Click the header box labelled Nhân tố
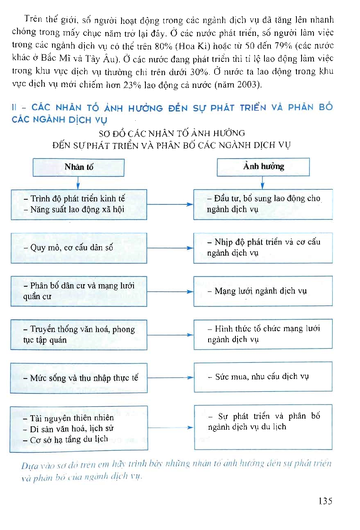pyautogui.click(x=78, y=167)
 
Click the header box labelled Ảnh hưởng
pyautogui.click(x=263, y=166)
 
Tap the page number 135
pyautogui.click(x=325, y=501)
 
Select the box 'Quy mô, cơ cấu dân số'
pyautogui.click(x=79, y=248)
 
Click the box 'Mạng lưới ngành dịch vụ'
pyautogui.click(x=263, y=291)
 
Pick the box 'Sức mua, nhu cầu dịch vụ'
pyautogui.click(x=263, y=377)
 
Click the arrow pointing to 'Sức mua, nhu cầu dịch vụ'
pyautogui.click(x=170, y=378)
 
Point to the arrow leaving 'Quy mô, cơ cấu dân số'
pyautogui.click(x=170, y=248)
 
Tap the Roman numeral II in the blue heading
pyautogui.click(x=15, y=108)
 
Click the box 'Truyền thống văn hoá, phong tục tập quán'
pyautogui.click(x=79, y=335)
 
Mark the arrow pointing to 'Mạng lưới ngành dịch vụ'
pyautogui.click(x=170, y=292)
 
